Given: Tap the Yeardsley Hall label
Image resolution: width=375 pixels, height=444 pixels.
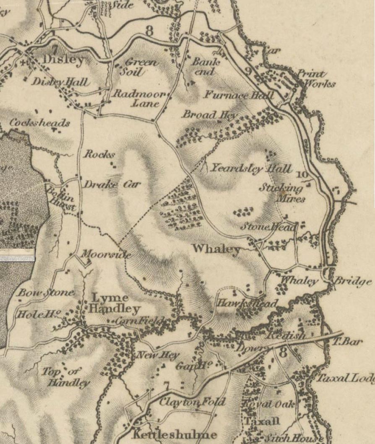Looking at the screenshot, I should point(250,169).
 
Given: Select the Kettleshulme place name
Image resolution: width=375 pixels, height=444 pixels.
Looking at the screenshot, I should point(175,434).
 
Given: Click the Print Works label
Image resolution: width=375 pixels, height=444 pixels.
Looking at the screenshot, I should point(317,79).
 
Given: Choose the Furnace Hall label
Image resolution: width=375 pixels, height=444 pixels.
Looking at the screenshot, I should point(239,95).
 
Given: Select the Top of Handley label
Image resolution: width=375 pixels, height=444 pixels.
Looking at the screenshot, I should point(67,377).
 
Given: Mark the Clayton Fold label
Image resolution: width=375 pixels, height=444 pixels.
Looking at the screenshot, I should point(193,402).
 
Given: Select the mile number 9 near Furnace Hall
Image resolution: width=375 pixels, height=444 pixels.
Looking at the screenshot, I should point(248,70).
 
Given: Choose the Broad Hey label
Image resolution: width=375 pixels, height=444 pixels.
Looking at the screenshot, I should point(210,114).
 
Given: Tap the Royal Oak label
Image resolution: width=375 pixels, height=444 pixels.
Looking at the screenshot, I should point(268,405).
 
